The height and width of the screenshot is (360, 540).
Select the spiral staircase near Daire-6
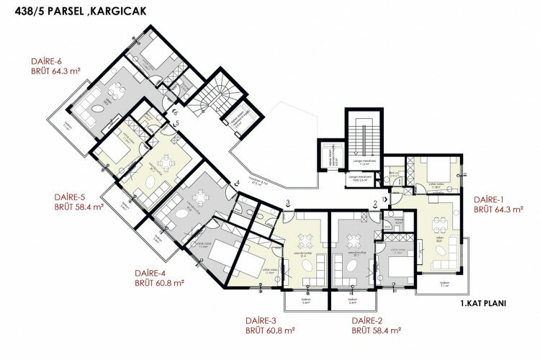coord(211,96)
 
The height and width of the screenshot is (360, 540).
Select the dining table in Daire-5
coord(166,166)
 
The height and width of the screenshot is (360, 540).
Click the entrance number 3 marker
coord(287,203)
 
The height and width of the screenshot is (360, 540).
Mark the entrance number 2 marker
coord(375,203)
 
